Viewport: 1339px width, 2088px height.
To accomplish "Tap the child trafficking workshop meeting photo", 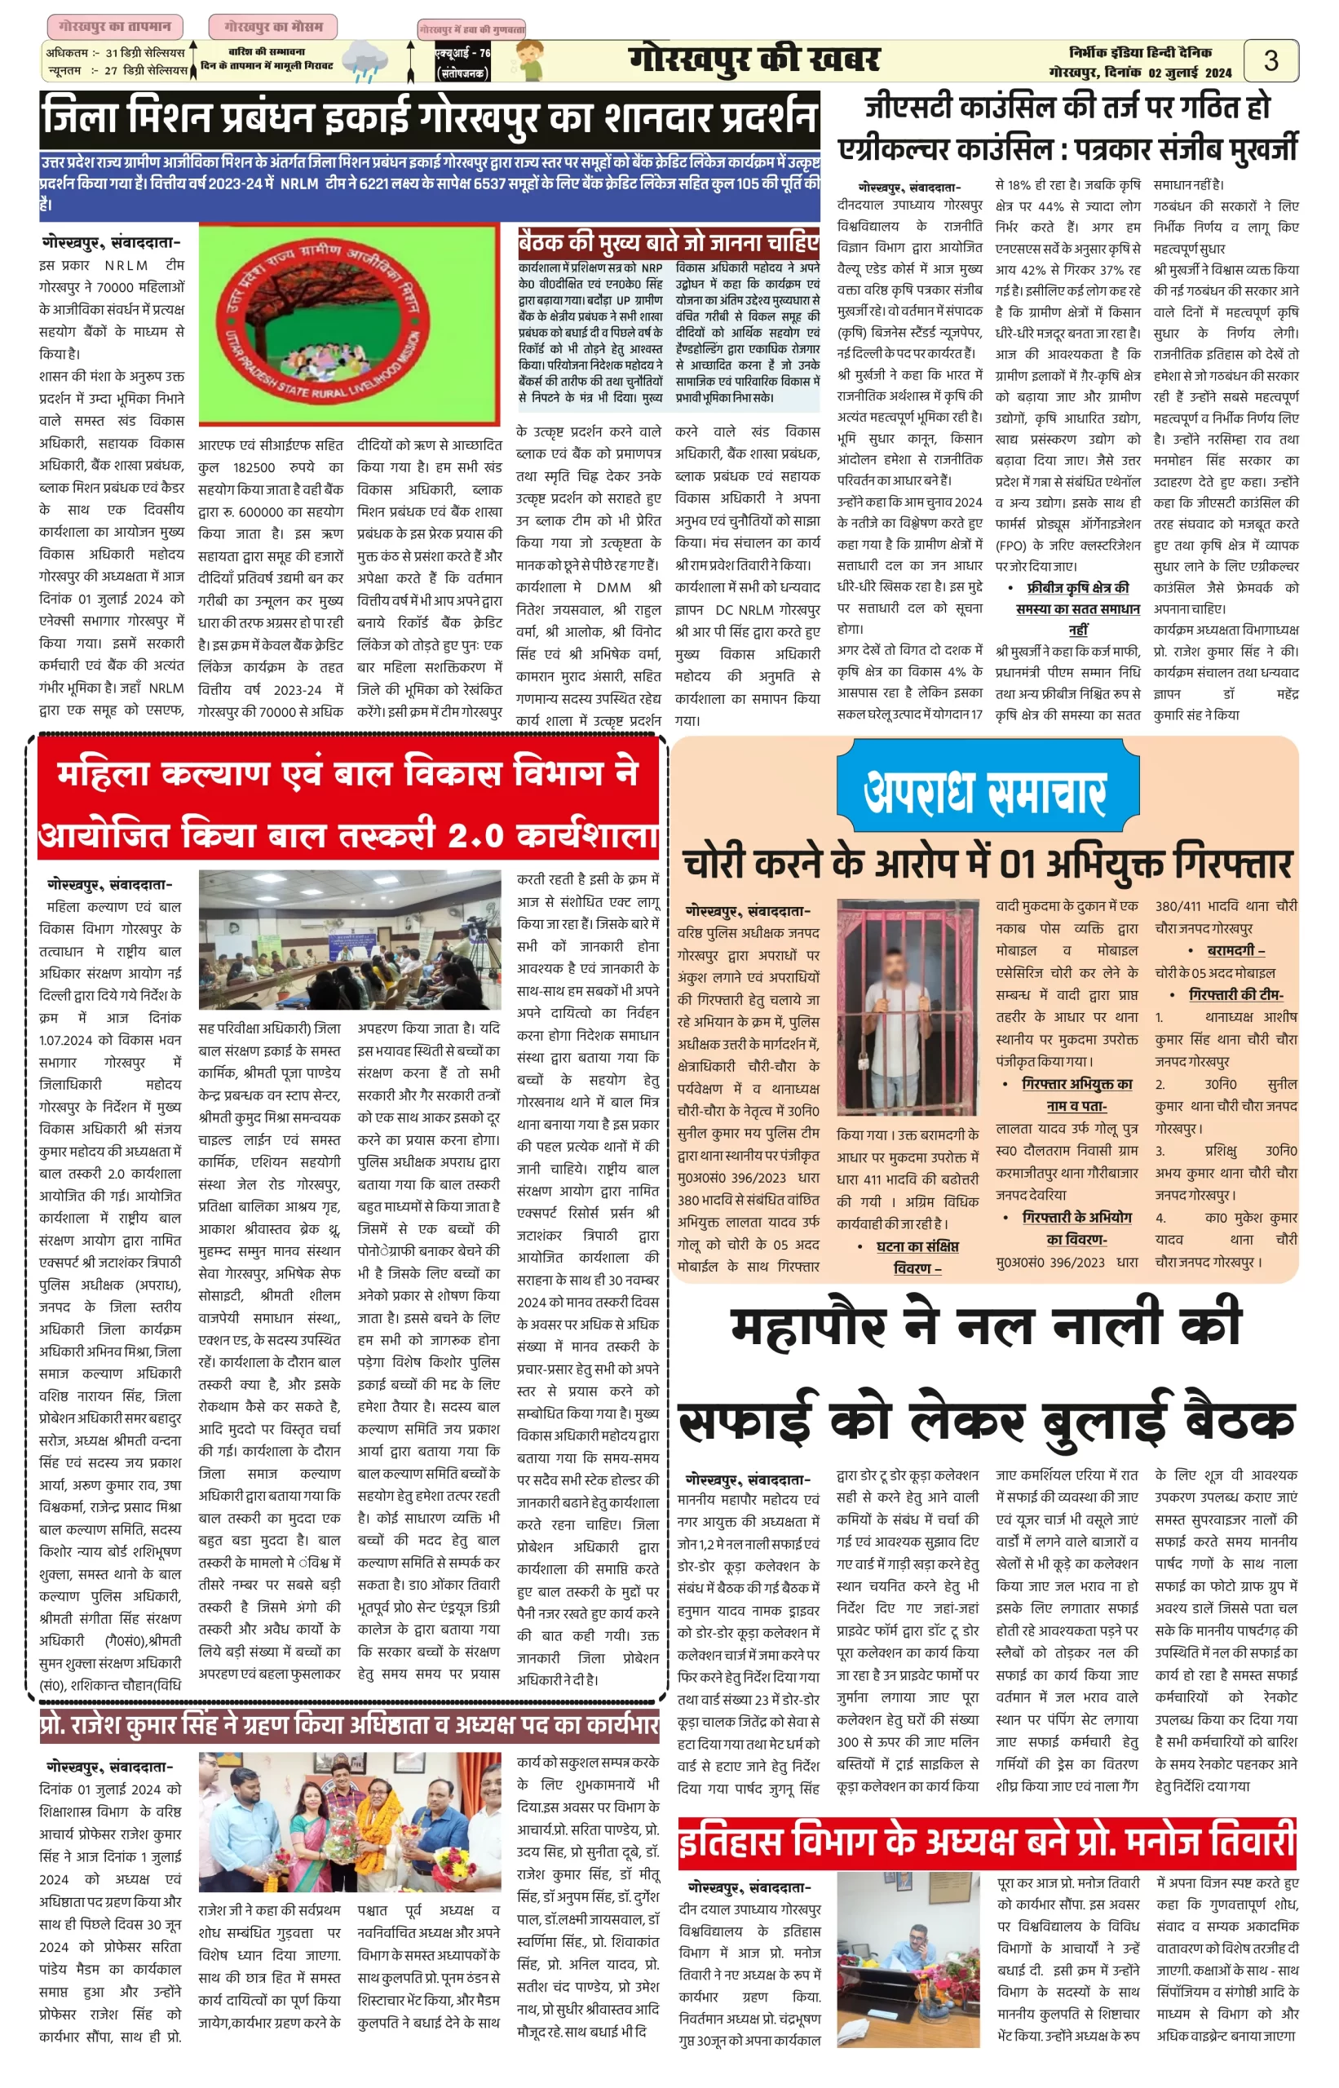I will [350, 940].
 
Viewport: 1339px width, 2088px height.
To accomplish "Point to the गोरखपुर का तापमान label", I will [115, 26].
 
